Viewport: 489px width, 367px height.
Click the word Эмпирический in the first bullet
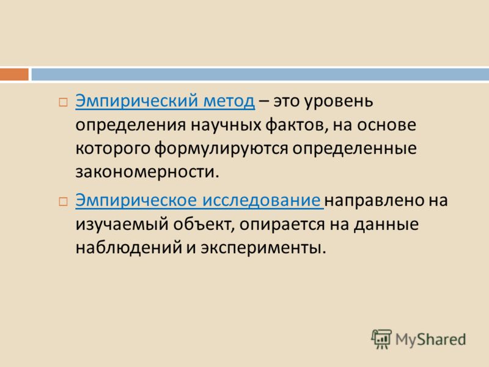pos(136,101)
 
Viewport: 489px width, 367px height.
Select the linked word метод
pos(229,101)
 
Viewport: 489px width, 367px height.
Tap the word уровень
pos(339,102)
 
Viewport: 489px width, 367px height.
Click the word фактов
pos(297,125)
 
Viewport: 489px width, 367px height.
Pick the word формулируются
pos(221,149)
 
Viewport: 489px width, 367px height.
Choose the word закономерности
pos(147,172)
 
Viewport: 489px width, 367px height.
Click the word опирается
pos(282,224)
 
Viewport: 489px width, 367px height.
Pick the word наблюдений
pos(129,248)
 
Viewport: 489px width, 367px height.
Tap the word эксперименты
pos(263,248)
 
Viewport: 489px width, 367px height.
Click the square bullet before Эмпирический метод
pos(63,102)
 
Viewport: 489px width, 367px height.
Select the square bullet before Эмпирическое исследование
pos(63,202)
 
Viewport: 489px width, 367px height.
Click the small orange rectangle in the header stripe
pos(14,75)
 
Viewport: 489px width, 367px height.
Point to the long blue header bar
pos(260,75)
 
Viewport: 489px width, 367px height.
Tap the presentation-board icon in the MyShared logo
pos(381,339)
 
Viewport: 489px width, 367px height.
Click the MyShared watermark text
pos(430,339)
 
